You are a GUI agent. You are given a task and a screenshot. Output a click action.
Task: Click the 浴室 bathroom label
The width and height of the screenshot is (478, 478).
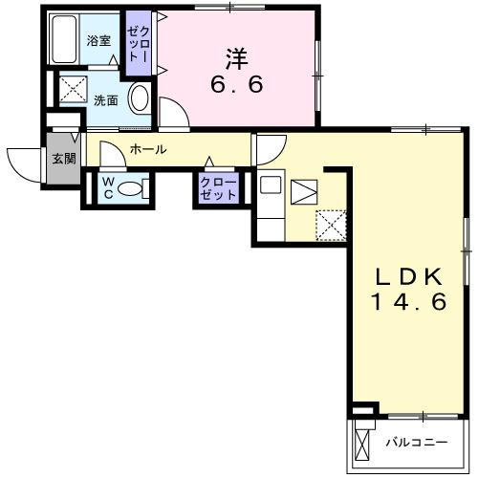pyautogui.click(x=98, y=40)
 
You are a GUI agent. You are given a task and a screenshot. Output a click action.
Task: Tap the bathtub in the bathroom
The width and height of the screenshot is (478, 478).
pyautogui.click(x=66, y=40)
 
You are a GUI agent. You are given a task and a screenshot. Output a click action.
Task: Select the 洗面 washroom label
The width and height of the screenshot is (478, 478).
pyautogui.click(x=104, y=99)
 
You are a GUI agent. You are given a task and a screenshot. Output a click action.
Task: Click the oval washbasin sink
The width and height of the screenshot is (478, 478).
pyautogui.click(x=139, y=98)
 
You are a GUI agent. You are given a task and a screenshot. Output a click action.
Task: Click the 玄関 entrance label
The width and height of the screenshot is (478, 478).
pyautogui.click(x=63, y=159)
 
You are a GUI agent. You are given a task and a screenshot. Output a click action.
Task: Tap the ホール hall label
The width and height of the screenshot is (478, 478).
pyautogui.click(x=148, y=149)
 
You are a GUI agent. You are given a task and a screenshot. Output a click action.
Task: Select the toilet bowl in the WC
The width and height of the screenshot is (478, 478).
pyautogui.click(x=135, y=188)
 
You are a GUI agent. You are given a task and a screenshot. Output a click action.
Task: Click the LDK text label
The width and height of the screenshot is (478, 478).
pyautogui.click(x=406, y=277)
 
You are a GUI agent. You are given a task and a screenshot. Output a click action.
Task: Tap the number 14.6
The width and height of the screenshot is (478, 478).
pyautogui.click(x=406, y=302)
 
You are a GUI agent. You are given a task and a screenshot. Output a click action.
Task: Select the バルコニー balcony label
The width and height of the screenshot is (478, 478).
pyautogui.click(x=417, y=443)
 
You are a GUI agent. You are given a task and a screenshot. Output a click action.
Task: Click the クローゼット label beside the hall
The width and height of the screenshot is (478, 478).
pyautogui.click(x=219, y=187)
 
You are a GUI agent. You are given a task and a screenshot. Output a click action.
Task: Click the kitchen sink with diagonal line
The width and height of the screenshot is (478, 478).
pyautogui.click(x=302, y=191)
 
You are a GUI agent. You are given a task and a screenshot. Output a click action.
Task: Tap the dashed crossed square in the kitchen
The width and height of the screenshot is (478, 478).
pyautogui.click(x=330, y=225)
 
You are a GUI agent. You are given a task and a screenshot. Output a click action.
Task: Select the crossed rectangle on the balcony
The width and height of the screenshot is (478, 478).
pyautogui.click(x=362, y=444)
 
